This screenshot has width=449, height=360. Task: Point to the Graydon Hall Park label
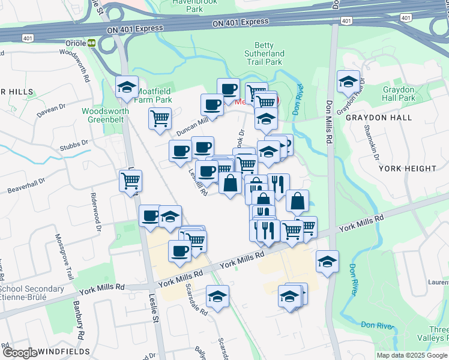[x=399, y=94]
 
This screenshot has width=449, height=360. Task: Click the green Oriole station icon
[x=92, y=43]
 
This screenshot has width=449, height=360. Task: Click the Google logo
[x=20, y=353]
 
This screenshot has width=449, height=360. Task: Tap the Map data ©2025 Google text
[x=411, y=355]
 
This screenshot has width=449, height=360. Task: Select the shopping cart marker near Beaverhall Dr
[x=131, y=179]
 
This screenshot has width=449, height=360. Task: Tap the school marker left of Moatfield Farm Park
[x=127, y=87]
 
